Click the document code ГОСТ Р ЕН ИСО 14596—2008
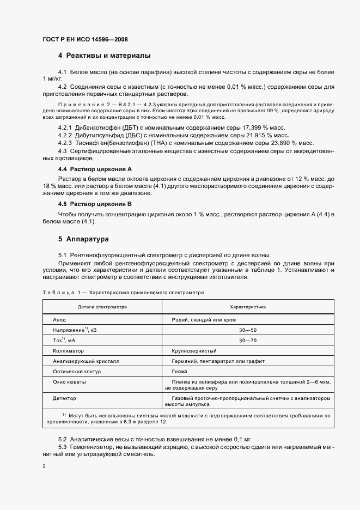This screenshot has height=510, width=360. pos(84,40)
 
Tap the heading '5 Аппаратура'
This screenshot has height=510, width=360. pos(83,239)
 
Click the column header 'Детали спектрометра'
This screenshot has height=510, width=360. pos(102,307)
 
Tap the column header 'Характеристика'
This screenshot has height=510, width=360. pos(248,307)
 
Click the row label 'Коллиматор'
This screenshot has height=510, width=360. pos(68,351)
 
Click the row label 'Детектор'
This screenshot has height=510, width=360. pos(64,398)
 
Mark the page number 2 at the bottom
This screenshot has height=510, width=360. pos(44,466)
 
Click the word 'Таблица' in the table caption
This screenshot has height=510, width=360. pos(57,293)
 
